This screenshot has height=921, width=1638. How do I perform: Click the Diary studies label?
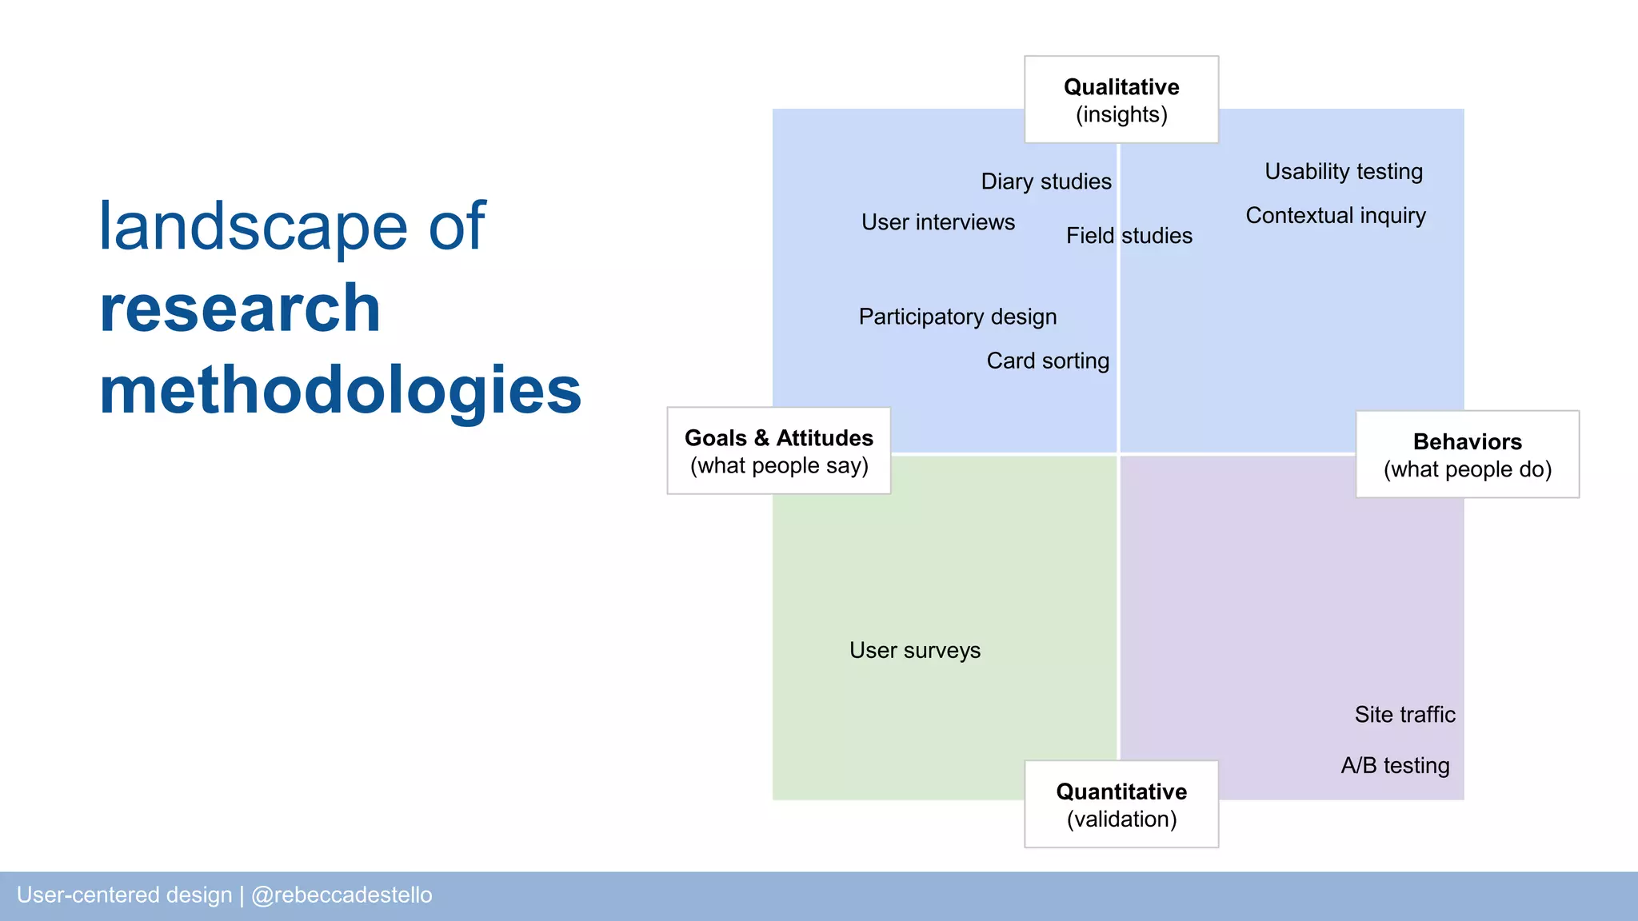pos(1046,181)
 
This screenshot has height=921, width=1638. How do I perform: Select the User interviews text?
pos(937,222)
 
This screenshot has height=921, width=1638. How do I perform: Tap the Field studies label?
pos(1129,236)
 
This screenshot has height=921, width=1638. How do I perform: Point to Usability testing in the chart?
pos(1344,172)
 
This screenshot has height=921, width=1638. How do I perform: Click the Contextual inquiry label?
pos(1336,216)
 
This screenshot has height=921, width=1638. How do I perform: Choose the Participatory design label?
pos(957,317)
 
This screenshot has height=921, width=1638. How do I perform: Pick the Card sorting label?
pos(1048,361)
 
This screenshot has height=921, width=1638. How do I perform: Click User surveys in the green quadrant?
pos(914,650)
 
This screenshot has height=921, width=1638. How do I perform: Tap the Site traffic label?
pos(1404,714)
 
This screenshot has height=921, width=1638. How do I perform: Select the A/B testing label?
pos(1395,765)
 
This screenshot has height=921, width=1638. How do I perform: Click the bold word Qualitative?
pos(1121,87)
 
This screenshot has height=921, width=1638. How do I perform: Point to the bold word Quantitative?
pos(1121,791)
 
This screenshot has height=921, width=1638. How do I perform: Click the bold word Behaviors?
pos(1467,441)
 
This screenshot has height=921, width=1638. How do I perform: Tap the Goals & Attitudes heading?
pos(778,438)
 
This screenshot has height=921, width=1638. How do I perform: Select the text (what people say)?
pos(779,466)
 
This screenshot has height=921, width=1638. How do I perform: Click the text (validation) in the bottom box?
pos(1121,819)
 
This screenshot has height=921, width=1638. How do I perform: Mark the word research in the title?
pos(240,309)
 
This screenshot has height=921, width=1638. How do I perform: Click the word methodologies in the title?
pos(340,391)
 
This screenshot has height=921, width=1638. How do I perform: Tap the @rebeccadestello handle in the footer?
pos(342,895)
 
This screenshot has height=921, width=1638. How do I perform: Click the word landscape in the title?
pos(254,227)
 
